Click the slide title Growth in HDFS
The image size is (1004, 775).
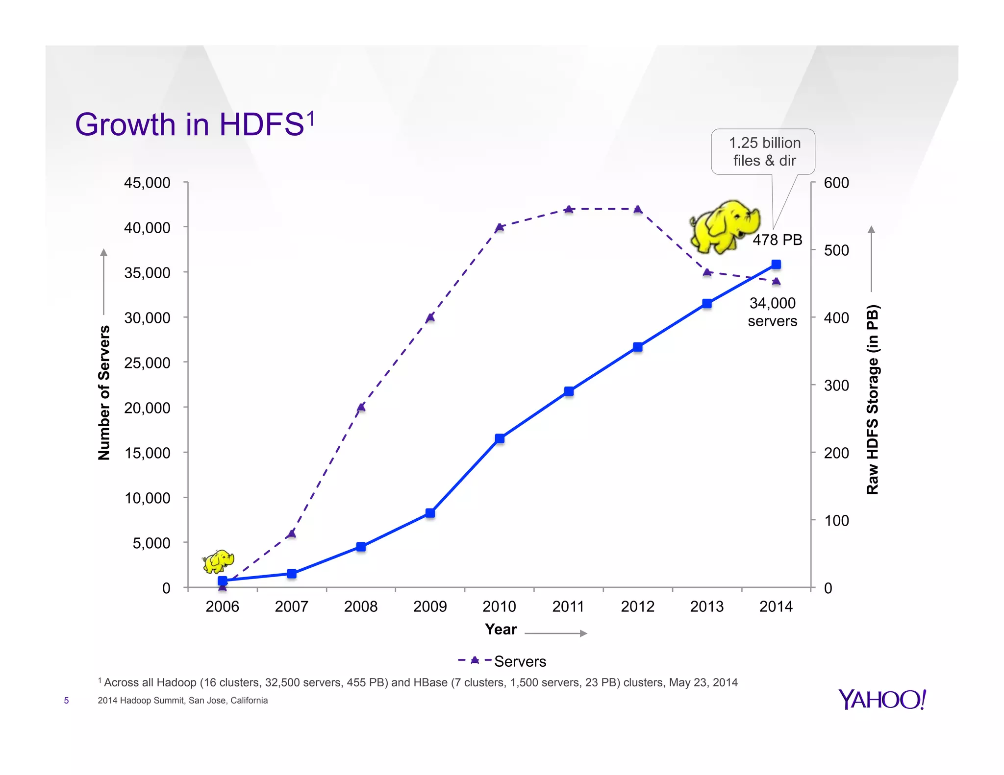coord(194,124)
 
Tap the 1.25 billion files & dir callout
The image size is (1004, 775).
coord(763,152)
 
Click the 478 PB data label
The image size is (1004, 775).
coord(778,240)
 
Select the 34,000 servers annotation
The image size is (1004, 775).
coord(772,312)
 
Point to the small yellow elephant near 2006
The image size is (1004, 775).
coord(218,561)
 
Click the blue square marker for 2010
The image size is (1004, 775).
coord(500,438)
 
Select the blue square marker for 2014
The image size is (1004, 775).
coord(776,265)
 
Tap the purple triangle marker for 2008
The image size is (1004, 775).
coord(361,407)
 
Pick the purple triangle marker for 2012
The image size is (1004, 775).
coord(638,210)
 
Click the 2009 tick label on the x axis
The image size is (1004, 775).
coord(430,606)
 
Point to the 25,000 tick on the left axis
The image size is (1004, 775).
coord(147,363)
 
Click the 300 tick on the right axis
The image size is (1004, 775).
coord(836,386)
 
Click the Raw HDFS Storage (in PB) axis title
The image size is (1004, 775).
coord(873,399)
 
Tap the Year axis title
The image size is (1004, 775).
coord(501,630)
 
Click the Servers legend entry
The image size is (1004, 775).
coord(502,661)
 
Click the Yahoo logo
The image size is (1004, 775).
coord(882,700)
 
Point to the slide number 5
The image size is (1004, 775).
coord(66,701)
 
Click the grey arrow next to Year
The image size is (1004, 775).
coord(555,633)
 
